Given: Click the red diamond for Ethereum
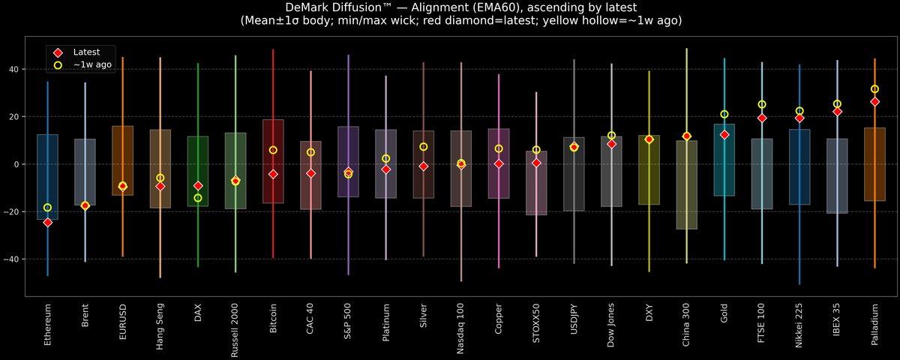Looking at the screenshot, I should coord(47,222).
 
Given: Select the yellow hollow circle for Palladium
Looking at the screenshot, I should coord(874,89).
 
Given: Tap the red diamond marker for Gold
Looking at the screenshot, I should coord(724,135).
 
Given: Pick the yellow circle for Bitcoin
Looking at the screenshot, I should coord(273,150).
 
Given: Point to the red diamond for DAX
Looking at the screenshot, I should coord(198,186).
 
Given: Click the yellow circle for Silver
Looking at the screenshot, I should coord(424,147).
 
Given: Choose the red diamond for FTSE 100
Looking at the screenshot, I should coord(762,118).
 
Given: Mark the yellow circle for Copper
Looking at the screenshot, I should coord(499,148).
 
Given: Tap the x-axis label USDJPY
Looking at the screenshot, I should coord(574,322).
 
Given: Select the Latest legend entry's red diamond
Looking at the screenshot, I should coord(58,52).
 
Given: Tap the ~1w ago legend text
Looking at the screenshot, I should coord(92,65).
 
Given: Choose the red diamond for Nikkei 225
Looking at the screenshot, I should coord(799,118).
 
